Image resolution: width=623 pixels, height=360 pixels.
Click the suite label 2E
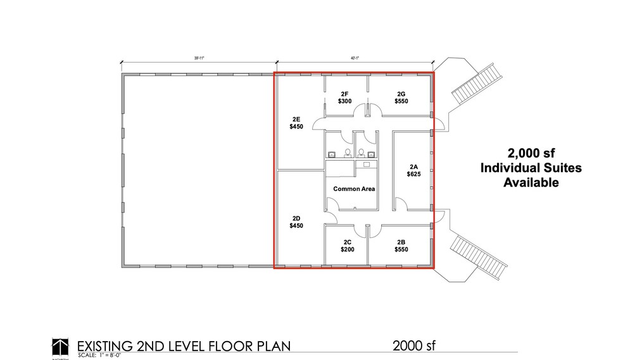pos(296,118)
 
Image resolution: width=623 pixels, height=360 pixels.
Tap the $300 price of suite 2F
pos(345,101)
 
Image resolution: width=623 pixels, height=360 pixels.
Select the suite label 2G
pos(401,94)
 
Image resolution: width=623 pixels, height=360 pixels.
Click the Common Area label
pos(354,189)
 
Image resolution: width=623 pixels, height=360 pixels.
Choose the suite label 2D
pos(296,218)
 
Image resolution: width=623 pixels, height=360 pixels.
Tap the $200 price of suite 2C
pos(347,249)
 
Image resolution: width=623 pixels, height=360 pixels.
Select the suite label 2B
pos(401,242)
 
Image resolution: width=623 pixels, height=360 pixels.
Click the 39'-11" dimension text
pos(198,58)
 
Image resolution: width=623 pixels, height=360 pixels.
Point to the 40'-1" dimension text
pos(355,58)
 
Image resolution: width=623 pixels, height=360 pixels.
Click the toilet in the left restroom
pos(347,152)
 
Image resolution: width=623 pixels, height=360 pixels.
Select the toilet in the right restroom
pos(361,152)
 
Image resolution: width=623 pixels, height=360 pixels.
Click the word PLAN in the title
pos(270,346)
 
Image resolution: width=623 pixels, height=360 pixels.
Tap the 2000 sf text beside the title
pos(414,345)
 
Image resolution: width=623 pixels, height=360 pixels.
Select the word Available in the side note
pos(531,183)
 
